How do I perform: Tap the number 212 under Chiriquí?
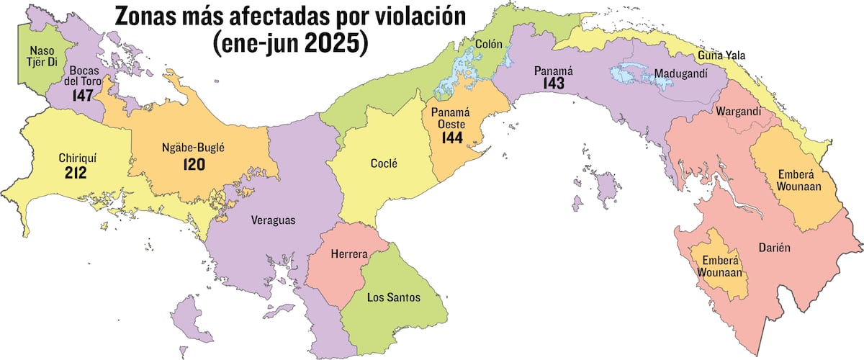pos(75,173)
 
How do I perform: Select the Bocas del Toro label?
pos(86,76)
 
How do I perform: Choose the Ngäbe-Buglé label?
pos(194,150)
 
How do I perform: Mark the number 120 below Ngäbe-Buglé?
pos(194,165)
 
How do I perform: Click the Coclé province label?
pos(384,163)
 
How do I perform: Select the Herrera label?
pos(349,255)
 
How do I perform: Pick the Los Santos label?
pos(393,297)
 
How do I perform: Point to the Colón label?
pos(489,44)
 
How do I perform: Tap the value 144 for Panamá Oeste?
pos(452,138)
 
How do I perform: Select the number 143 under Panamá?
pos(554,84)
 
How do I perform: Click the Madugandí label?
pos(680,73)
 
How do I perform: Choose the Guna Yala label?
pos(721,55)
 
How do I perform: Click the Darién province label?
pos(775,247)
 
